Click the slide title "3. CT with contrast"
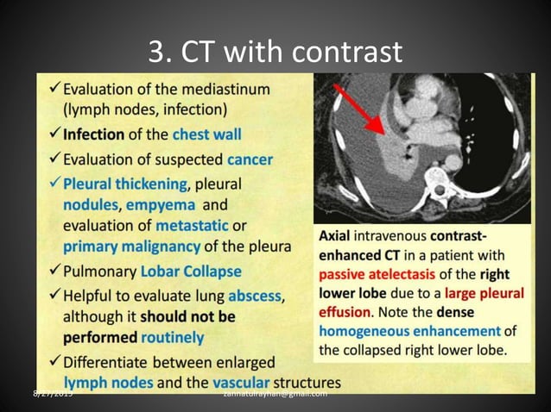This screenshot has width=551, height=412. point(275,53)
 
